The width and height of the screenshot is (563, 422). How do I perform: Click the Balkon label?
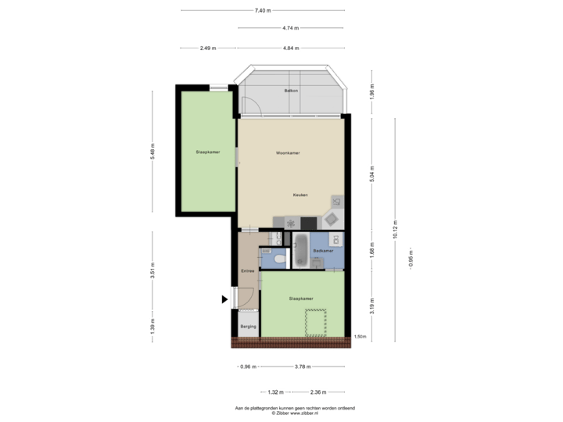point(290,92)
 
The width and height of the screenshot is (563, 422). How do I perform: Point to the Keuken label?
point(300,195)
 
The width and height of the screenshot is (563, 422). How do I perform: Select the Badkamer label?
point(323,251)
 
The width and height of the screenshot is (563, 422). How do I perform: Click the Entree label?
point(247,270)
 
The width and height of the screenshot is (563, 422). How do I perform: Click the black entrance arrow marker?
point(225,299)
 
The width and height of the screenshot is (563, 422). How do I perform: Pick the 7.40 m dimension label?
point(263,10)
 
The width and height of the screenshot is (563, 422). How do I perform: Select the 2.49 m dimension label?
point(207,48)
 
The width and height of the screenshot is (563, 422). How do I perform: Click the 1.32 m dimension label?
point(274,392)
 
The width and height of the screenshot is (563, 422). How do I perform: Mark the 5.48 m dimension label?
point(152,150)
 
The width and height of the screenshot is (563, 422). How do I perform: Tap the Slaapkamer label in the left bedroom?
point(207,152)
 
